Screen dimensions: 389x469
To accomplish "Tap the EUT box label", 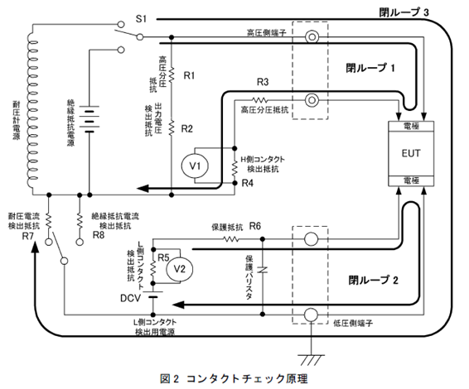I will tap(411, 154).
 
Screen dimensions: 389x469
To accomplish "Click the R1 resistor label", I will tap(189, 75).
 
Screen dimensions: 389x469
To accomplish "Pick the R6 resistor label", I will tap(255, 226).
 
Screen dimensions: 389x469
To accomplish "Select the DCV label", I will tap(132, 297).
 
